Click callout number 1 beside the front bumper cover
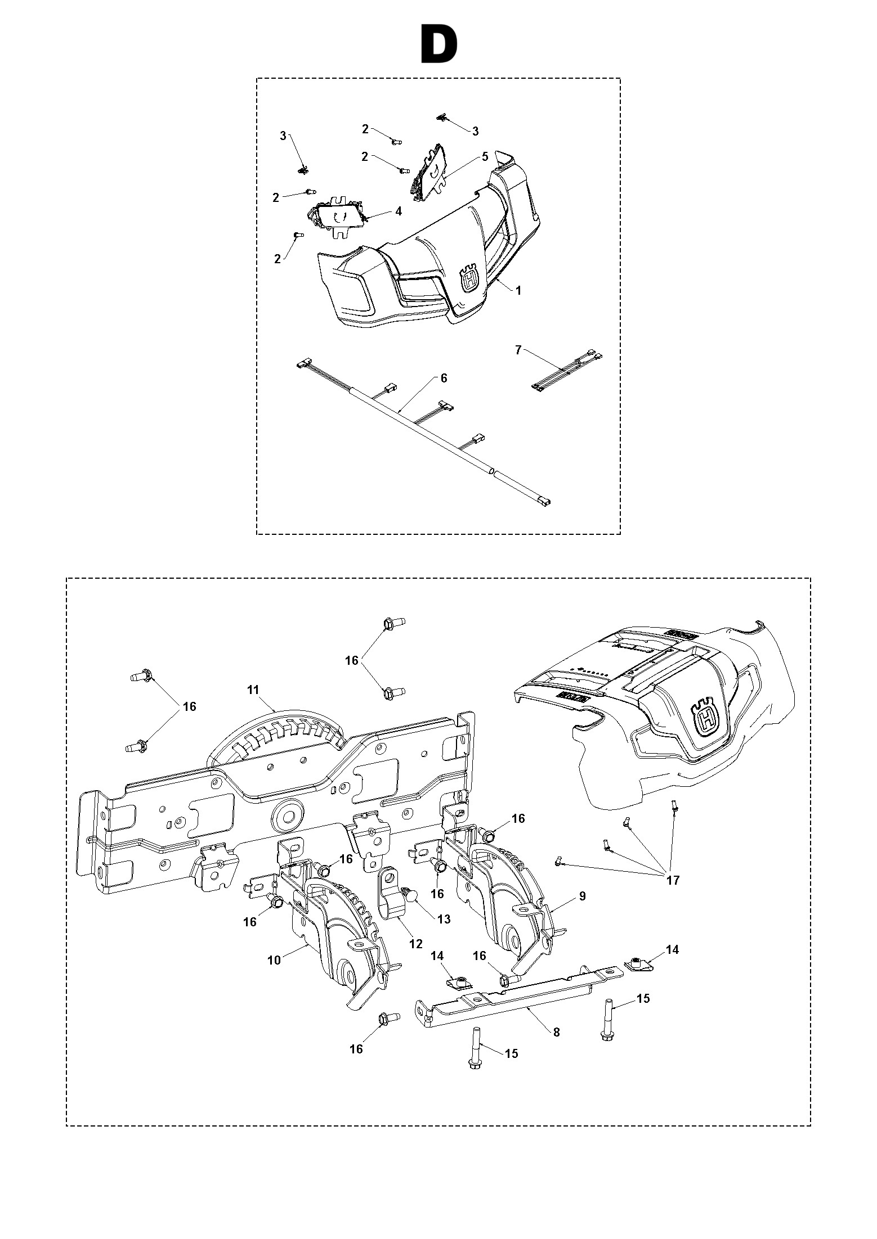coord(518,290)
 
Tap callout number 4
coord(399,211)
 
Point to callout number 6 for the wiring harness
coord(444,379)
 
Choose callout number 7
coord(518,350)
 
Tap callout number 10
coord(274,960)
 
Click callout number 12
coord(415,944)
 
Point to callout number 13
coord(444,919)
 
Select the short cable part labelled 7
coord(566,369)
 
